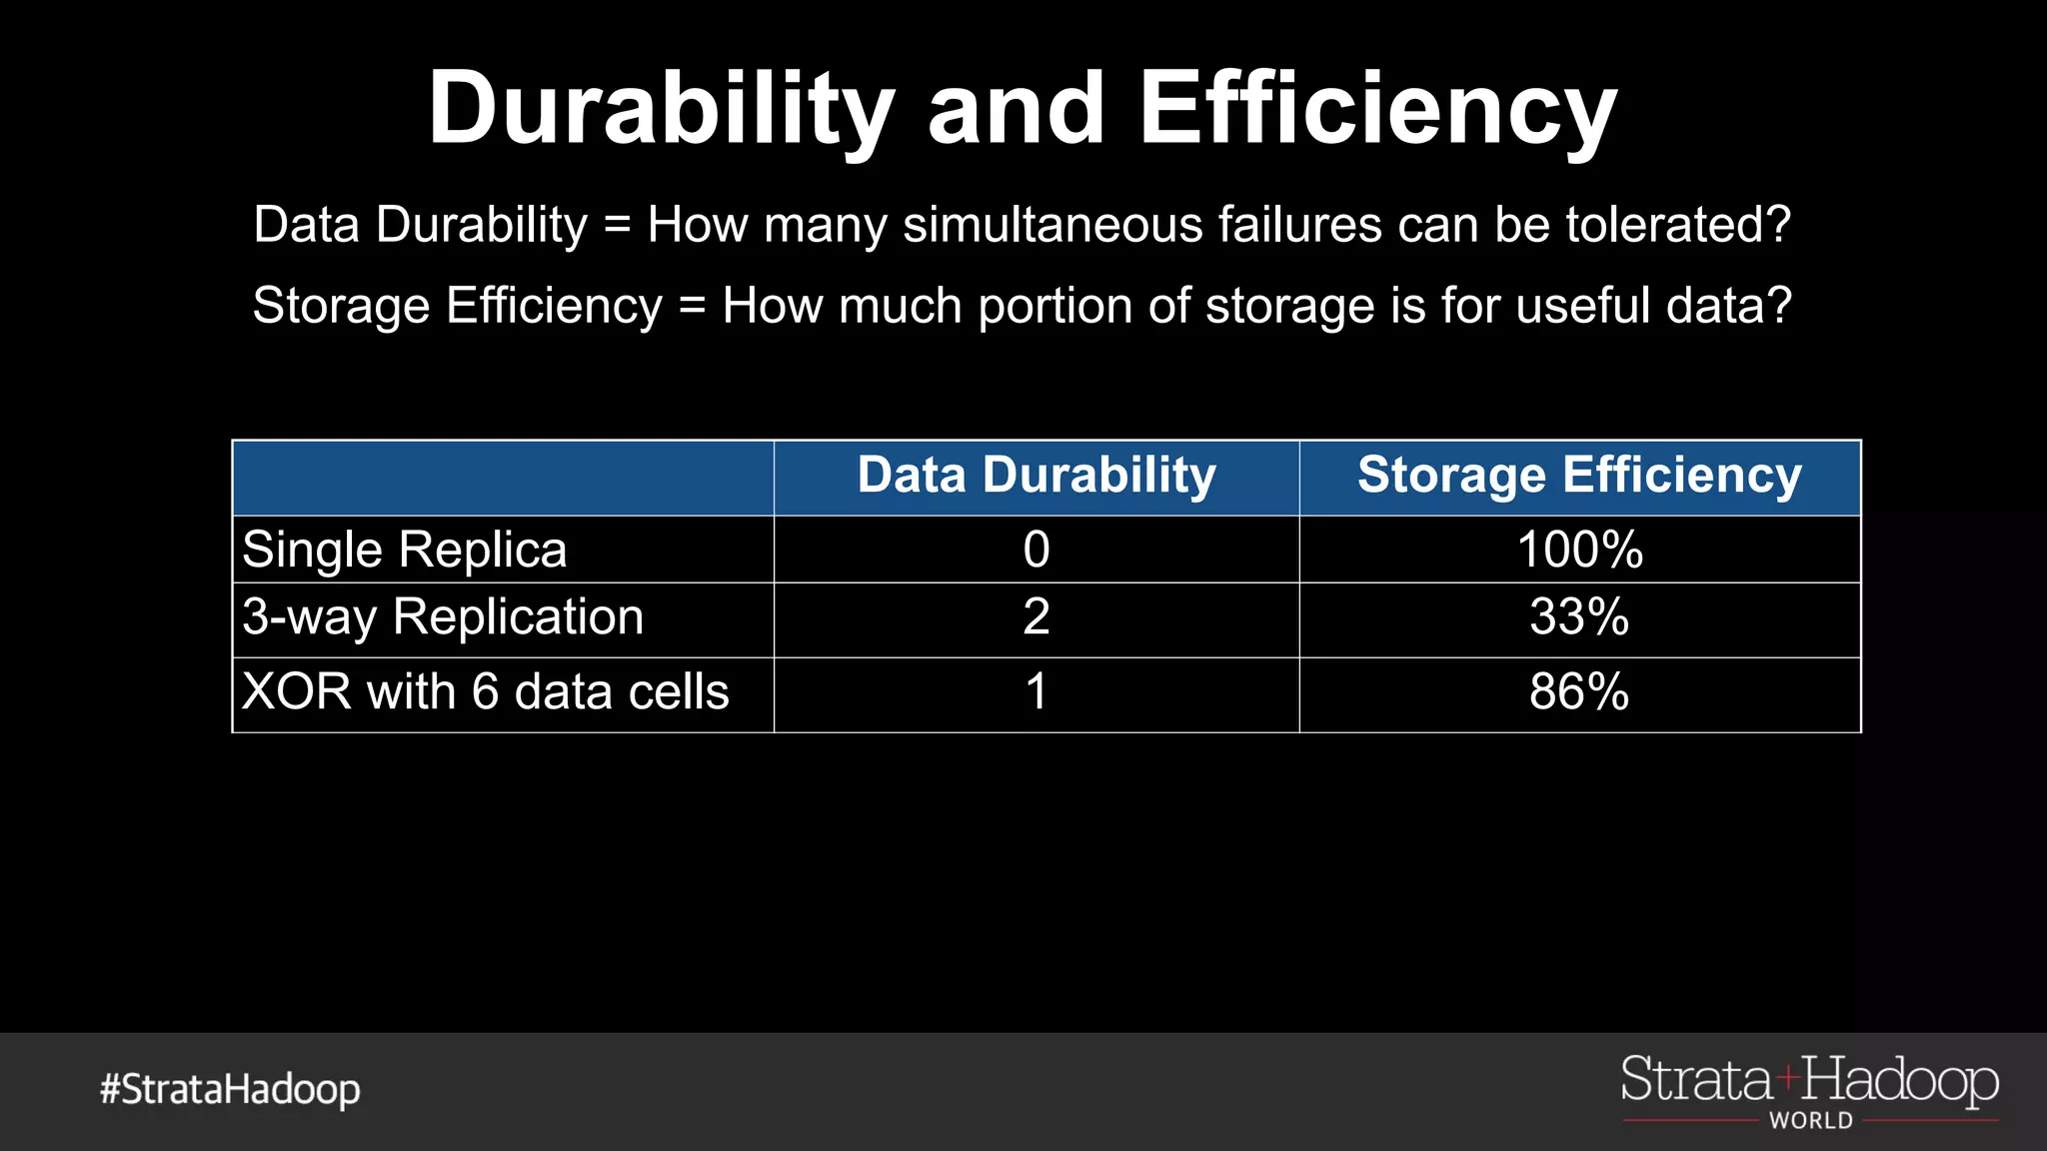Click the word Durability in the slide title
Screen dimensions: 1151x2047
661,108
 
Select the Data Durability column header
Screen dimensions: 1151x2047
1036,475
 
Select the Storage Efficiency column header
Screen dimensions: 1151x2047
1579,475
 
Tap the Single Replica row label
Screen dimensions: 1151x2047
405,550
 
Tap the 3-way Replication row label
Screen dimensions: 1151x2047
443,616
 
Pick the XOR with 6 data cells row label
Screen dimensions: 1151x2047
486,691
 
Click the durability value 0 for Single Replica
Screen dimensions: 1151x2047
1036,550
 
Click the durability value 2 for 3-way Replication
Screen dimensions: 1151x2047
1036,616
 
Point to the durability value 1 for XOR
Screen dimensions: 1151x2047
1036,691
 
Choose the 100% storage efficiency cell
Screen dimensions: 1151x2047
1579,550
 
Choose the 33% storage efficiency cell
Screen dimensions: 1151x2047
1579,616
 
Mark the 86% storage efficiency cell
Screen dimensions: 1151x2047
1579,691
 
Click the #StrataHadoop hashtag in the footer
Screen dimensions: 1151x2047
230,1089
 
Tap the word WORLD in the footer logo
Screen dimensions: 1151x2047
1811,1121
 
